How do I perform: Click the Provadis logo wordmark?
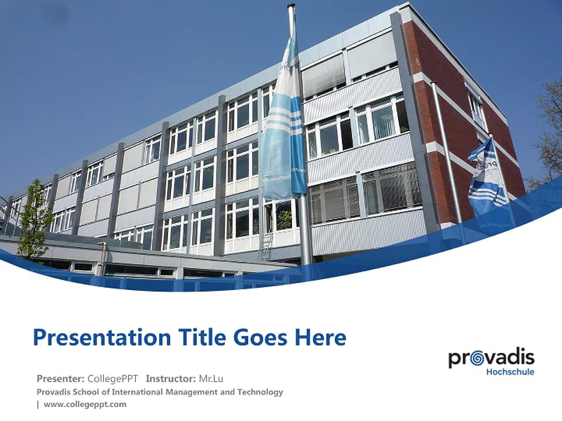[491, 358]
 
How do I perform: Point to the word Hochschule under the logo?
[510, 372]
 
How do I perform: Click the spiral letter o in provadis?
[474, 357]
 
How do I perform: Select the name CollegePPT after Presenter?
[113, 378]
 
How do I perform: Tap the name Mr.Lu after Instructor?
[211, 378]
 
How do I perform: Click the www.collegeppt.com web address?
[85, 404]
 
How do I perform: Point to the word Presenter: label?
[61, 378]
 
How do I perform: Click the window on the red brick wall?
[475, 109]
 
